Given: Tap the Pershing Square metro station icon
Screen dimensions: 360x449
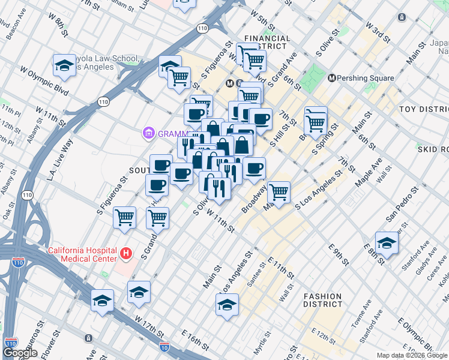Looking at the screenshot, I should [x=331, y=78].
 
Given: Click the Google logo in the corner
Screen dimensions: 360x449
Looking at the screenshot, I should [x=20, y=353].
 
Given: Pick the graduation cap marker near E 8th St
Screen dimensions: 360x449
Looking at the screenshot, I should [x=387, y=244].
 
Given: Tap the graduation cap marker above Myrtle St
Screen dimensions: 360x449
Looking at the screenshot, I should [x=227, y=305].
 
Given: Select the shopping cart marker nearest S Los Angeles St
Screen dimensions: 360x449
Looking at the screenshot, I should [x=279, y=193].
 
